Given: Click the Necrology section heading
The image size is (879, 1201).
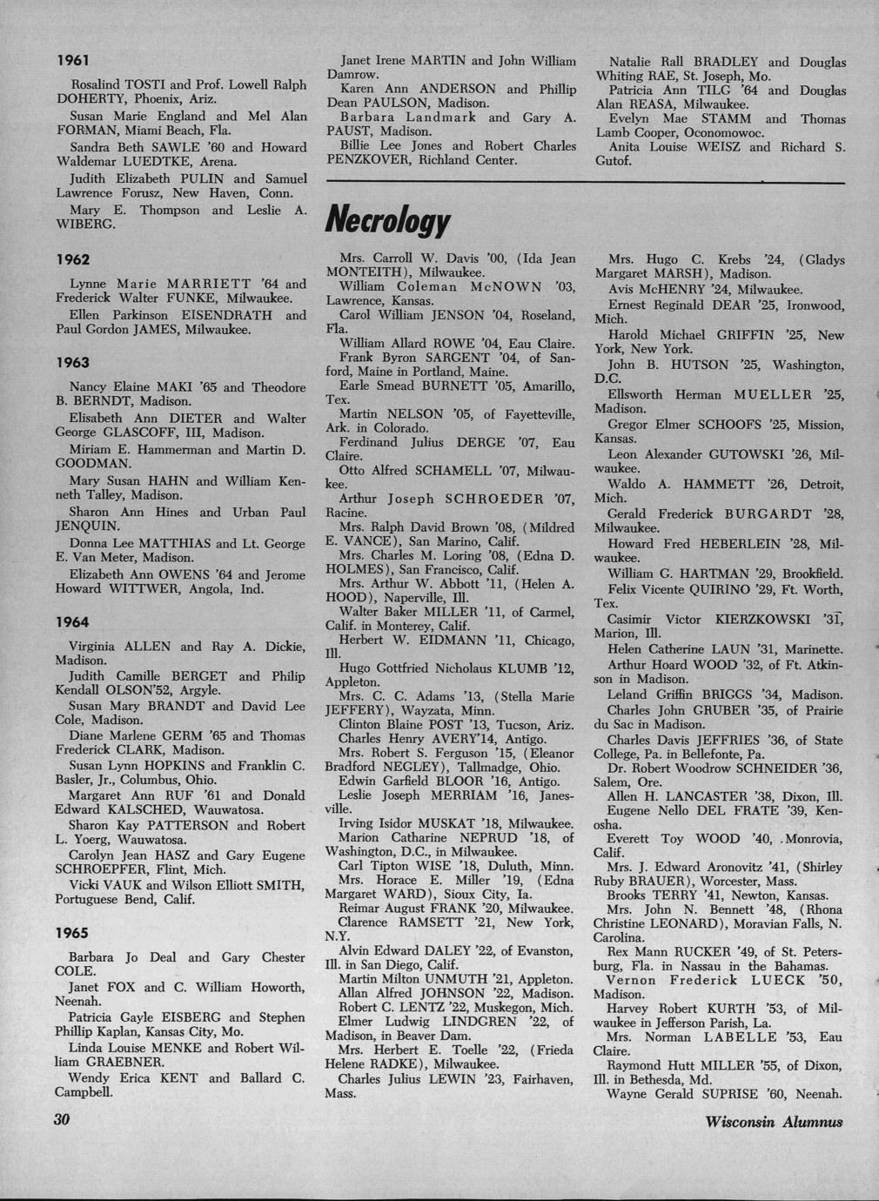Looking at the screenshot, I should pos(387,220).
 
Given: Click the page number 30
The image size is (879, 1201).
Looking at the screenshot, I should pos(61,1120).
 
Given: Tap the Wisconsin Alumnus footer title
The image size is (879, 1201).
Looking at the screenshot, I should pos(775,1122).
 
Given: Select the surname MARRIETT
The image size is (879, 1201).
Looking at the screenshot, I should pos(209,284).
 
